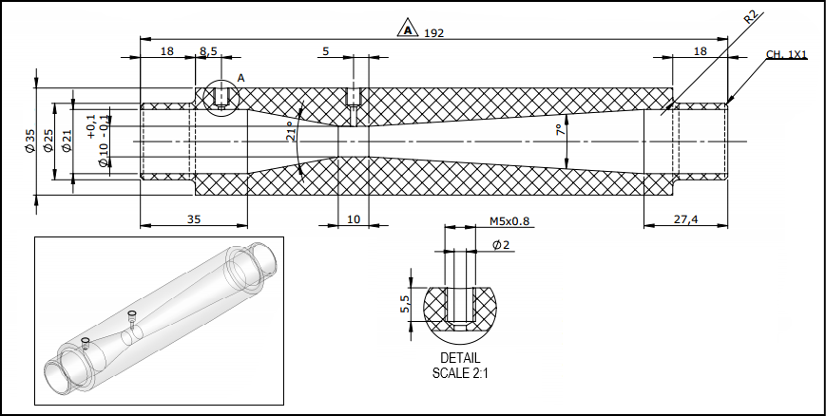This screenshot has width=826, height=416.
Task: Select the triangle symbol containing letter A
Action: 408,30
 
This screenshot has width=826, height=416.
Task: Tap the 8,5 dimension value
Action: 208,50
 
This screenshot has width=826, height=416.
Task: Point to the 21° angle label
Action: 291,132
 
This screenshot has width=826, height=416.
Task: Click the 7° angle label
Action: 560,130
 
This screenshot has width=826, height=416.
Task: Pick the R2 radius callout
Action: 750,17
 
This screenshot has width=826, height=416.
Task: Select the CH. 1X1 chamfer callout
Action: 786,55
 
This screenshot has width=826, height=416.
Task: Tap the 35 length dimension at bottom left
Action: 193,218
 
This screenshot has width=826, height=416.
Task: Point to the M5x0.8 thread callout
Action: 509,221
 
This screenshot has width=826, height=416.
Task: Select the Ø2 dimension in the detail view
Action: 501,245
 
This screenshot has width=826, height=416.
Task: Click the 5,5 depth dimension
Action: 405,305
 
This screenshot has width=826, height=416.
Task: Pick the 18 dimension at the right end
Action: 701,50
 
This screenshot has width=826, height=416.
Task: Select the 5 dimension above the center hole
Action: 326,50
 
